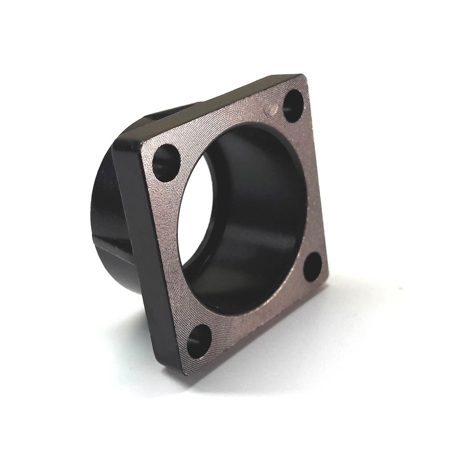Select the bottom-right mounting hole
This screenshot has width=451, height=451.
pyautogui.click(x=312, y=266)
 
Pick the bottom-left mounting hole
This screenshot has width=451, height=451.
pyautogui.click(x=199, y=341)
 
